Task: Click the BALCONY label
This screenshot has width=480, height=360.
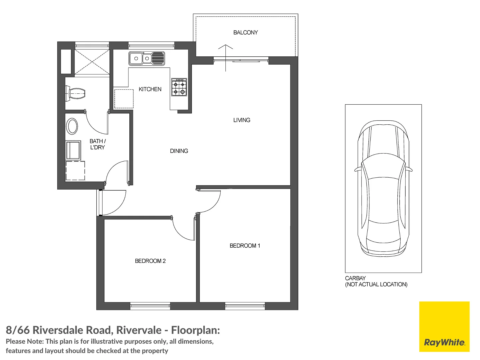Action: pyautogui.click(x=245, y=33)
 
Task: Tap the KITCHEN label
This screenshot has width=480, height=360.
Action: pyautogui.click(x=150, y=89)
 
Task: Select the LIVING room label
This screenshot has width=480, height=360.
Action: pyautogui.click(x=242, y=120)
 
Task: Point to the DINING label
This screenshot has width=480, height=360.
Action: pyautogui.click(x=179, y=151)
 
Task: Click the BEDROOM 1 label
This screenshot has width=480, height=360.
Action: pyautogui.click(x=245, y=246)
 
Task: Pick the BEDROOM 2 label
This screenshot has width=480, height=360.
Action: pyautogui.click(x=150, y=261)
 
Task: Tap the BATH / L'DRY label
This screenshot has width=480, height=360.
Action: pyautogui.click(x=98, y=144)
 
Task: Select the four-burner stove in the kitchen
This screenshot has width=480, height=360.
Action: pyautogui.click(x=179, y=87)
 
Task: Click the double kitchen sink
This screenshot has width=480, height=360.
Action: pyautogui.click(x=147, y=58)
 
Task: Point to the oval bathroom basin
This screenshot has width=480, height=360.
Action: pyautogui.click(x=72, y=126)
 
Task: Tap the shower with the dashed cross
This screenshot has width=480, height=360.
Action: pyautogui.click(x=92, y=62)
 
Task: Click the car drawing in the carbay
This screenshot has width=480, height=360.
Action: pyautogui.click(x=383, y=188)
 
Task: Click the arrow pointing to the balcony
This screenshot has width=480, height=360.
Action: pyautogui.click(x=225, y=58)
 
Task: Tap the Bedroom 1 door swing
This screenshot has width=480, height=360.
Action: pyautogui.click(x=209, y=202)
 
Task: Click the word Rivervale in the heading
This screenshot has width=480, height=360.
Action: pyautogui.click(x=139, y=330)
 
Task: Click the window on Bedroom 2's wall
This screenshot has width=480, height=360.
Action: pyautogui.click(x=150, y=306)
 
